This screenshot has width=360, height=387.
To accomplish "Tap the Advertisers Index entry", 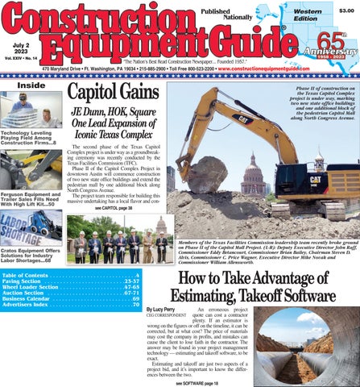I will click(72, 306).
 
